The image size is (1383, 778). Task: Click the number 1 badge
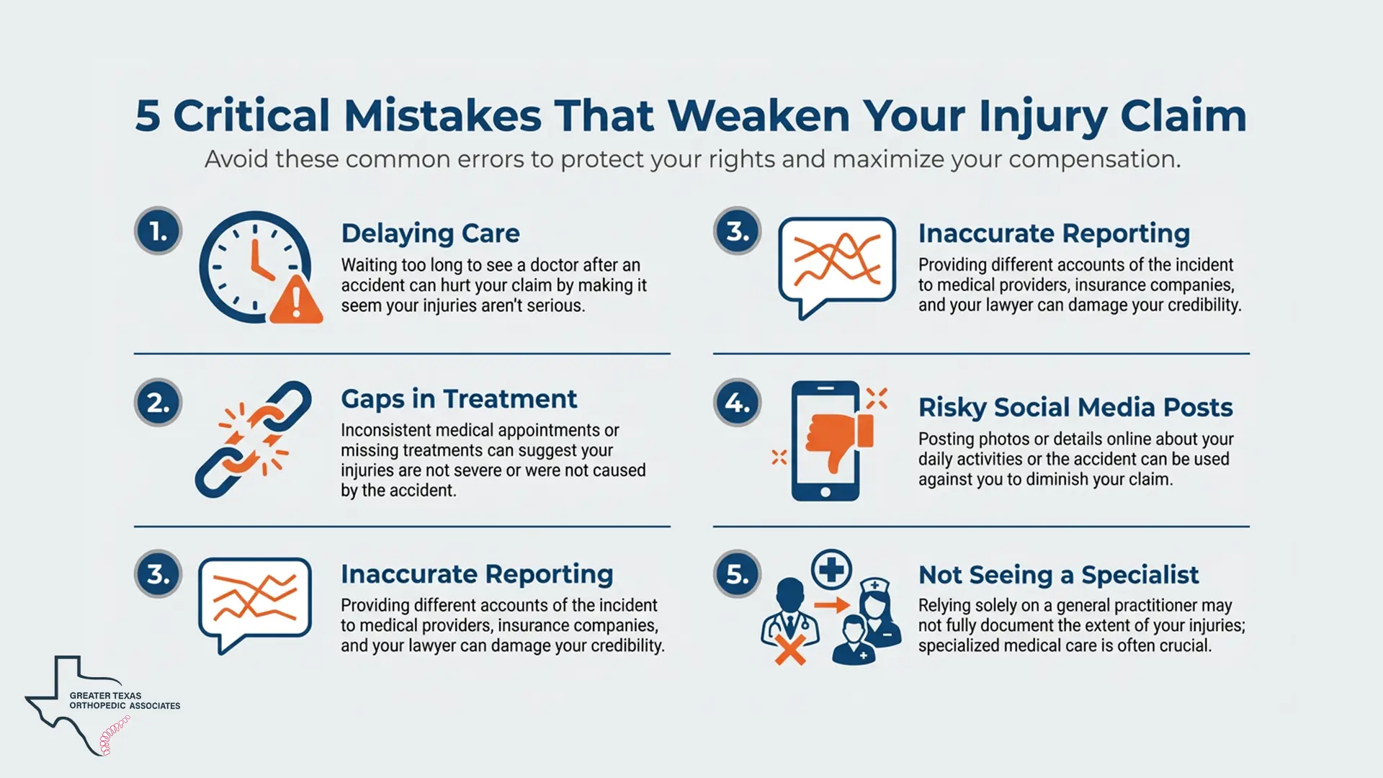pos(158,231)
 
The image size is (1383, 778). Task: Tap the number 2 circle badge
pos(158,403)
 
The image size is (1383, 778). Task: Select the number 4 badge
pos(737,403)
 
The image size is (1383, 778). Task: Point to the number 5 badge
pos(737,574)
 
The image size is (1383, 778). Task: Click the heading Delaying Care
pos(430,233)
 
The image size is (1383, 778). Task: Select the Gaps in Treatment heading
pos(459,398)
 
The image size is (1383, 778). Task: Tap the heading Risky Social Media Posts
pos(1075,407)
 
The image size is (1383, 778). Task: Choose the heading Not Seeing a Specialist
pos(1058,575)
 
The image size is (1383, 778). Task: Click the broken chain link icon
pos(253,439)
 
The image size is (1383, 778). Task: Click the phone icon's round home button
pos(825,492)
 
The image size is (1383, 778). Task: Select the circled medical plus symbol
pos(831,570)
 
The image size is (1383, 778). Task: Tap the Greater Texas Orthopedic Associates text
pos(125,701)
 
